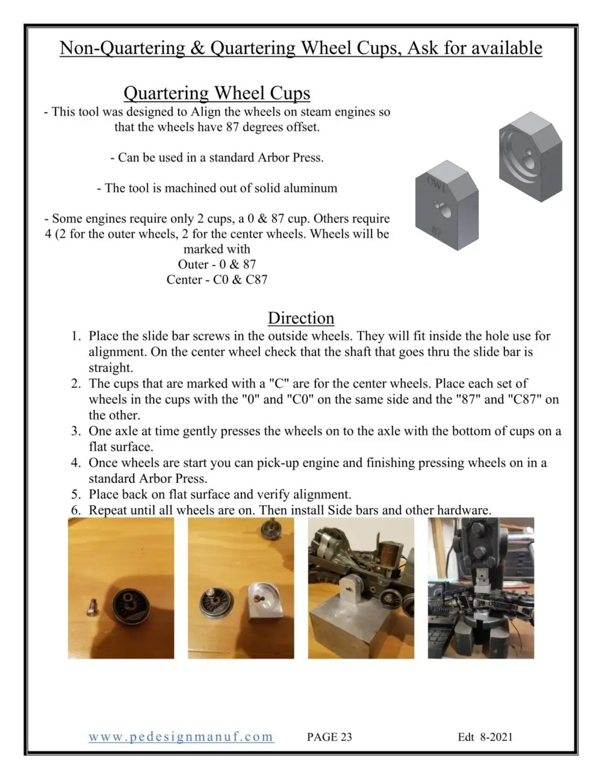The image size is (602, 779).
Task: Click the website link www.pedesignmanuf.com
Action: coord(181,737)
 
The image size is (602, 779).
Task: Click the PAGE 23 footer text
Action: coord(329,737)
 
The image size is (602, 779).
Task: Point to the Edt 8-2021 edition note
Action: coord(485,737)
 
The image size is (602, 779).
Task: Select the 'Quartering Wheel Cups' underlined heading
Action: coord(217,93)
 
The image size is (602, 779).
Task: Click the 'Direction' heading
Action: coord(300,318)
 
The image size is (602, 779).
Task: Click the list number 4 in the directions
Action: coord(76,463)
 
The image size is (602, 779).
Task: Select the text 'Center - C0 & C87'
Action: coord(217,279)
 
